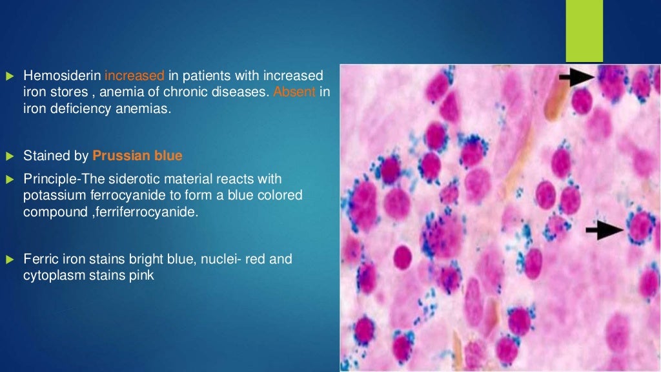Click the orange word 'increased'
click(x=134, y=76)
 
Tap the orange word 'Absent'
click(x=294, y=92)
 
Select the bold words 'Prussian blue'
click(x=137, y=156)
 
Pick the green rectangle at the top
click(x=584, y=30)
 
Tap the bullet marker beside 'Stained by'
click(x=10, y=156)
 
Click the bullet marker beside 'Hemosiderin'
click(x=10, y=77)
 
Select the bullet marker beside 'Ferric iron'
click(x=10, y=260)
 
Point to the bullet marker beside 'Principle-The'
click(x=10, y=179)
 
